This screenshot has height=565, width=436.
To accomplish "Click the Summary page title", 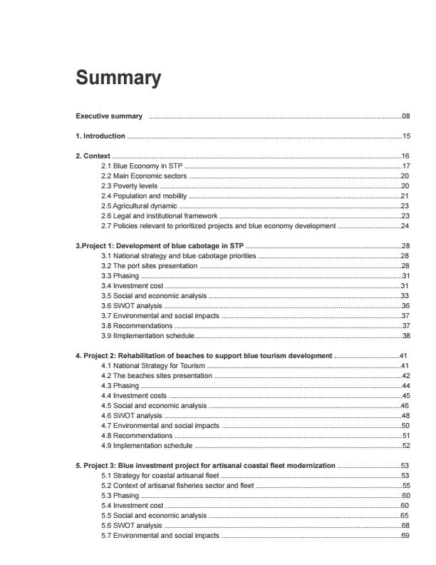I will (118, 78).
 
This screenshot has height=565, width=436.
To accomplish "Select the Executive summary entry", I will (110, 116).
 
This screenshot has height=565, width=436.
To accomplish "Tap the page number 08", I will (405, 116).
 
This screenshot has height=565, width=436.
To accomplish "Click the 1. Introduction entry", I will (100, 136).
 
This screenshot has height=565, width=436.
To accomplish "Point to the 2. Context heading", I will (93, 156).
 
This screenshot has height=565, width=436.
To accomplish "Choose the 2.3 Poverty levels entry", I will (130, 185).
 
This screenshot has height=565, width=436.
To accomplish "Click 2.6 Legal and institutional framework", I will (160, 215).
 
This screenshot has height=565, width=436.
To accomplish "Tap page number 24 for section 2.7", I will (405, 225).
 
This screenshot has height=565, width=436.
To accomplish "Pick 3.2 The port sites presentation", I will (150, 265).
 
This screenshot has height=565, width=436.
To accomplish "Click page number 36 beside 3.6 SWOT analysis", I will (405, 305).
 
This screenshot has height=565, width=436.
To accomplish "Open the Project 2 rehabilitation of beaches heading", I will (204, 355).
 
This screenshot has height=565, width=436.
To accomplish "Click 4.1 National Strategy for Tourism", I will (154, 365).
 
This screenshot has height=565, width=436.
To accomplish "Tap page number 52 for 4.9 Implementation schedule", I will (405, 445).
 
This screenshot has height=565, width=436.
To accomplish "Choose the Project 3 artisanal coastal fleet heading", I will (206, 465).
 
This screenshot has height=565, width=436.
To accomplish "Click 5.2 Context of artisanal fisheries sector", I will (177, 485).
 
